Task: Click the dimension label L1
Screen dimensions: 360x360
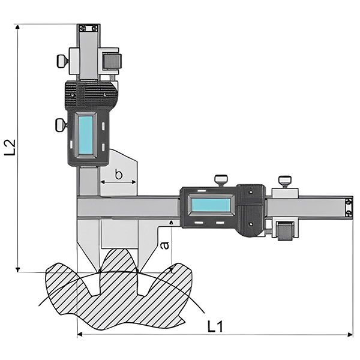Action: point(215,326)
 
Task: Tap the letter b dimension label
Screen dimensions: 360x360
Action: point(119,175)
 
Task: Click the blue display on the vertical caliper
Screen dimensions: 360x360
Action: point(86,134)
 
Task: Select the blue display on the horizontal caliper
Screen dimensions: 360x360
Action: point(211,205)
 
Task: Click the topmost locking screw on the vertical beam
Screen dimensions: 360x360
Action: point(62,60)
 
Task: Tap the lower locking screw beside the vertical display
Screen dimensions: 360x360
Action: point(60,125)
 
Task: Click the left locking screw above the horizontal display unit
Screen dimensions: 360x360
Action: point(220,179)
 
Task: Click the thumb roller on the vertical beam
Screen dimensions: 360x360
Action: point(112,61)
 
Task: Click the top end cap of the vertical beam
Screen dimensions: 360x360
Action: point(88,28)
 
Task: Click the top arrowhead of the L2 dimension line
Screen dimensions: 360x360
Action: point(19,28)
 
